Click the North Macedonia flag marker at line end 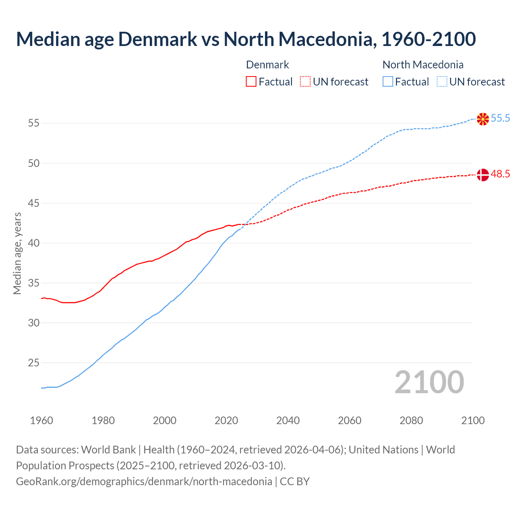(483, 119)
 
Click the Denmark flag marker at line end (483, 175)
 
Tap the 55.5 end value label (500, 118)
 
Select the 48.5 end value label (500, 174)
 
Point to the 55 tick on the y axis (34, 123)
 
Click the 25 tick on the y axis (34, 363)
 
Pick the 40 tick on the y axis (34, 243)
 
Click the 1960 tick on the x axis (42, 420)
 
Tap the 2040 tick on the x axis (288, 420)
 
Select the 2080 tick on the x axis (411, 420)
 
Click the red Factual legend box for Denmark (251, 82)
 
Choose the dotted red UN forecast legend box (305, 82)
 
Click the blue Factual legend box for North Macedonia (388, 82)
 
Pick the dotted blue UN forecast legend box (442, 82)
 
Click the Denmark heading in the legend (267, 65)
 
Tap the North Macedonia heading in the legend (423, 65)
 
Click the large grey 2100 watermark (429, 382)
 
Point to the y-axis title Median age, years (17, 253)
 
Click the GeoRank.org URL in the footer (144, 482)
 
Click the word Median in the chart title (48, 39)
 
